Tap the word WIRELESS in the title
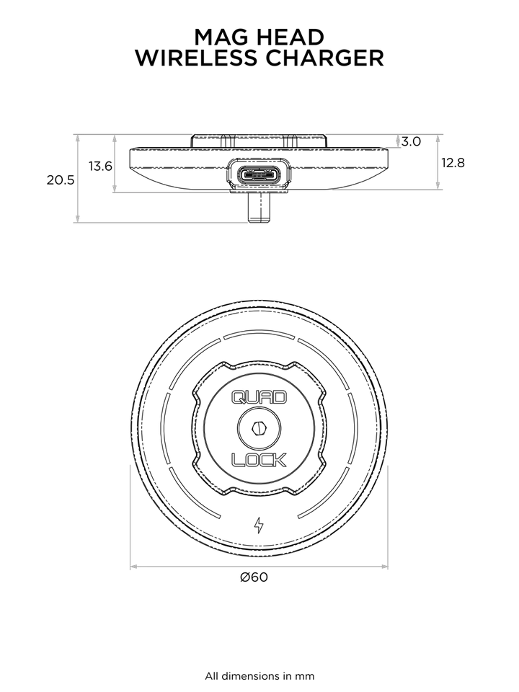(197, 58)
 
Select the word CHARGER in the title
(324, 58)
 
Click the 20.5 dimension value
(61, 180)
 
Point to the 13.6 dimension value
(100, 167)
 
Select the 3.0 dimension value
(411, 142)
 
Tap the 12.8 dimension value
(453, 163)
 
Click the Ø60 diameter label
(254, 577)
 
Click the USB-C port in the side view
(259, 174)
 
